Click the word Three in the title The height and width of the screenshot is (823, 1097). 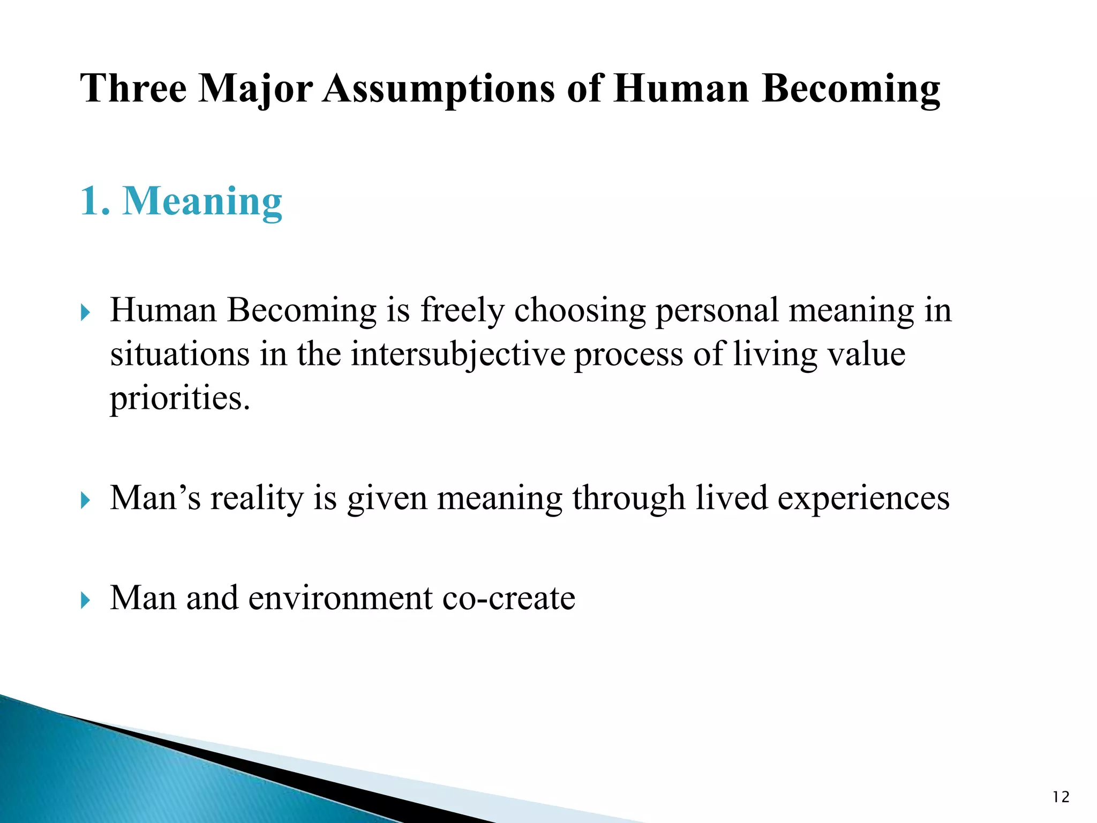click(x=133, y=88)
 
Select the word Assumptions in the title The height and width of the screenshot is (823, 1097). click(x=439, y=88)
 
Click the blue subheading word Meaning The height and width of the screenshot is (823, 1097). click(x=202, y=201)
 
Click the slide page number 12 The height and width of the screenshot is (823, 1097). click(x=1061, y=797)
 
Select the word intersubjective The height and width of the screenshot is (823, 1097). click(x=458, y=355)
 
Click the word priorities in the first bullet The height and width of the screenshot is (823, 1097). click(x=179, y=400)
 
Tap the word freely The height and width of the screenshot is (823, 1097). click(x=462, y=311)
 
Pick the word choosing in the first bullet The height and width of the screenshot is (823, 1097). click(x=580, y=311)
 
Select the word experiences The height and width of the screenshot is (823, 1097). click(x=863, y=498)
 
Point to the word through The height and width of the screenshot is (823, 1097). click(x=628, y=499)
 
